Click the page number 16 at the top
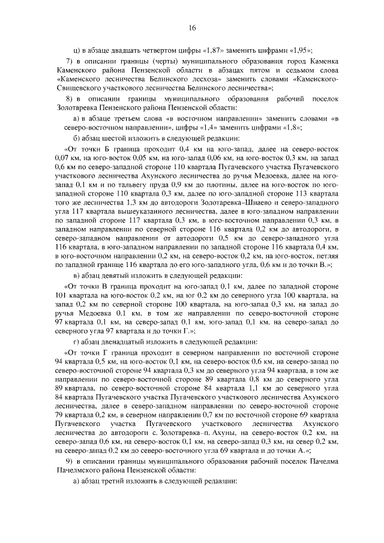pyautogui.click(x=192, y=28)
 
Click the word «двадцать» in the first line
pyautogui.click(x=118, y=50)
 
